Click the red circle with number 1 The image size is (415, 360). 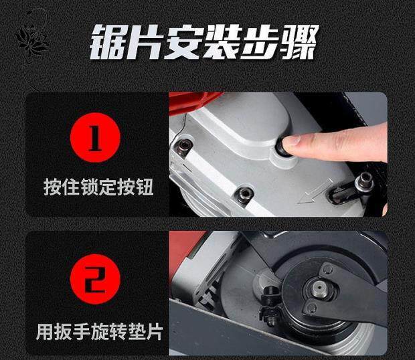(95, 138)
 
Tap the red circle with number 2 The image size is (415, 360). (95, 279)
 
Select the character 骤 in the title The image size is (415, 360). (299, 42)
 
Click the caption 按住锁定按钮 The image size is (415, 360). (98, 187)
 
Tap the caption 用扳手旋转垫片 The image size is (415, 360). (99, 331)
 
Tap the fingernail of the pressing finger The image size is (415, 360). (290, 142)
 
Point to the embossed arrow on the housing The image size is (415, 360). (315, 191)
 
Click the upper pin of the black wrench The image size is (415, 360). (328, 270)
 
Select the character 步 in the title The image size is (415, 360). (260, 42)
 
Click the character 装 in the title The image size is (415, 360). (223, 42)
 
